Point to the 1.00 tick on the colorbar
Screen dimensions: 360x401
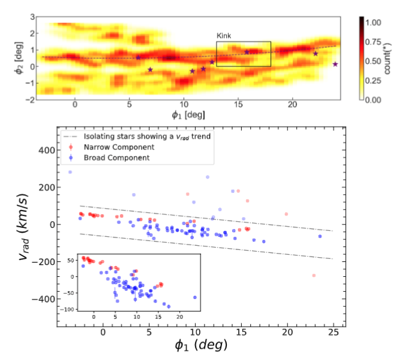pos(373,22)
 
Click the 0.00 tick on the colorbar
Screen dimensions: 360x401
pos(373,100)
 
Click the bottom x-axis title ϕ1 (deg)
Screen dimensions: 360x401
pos(200,346)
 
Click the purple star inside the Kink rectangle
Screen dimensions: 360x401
pos(247,52)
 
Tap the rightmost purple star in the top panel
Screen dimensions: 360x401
pos(335,64)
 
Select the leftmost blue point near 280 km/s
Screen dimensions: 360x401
pos(70,172)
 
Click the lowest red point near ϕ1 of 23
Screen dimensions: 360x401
pos(314,276)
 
